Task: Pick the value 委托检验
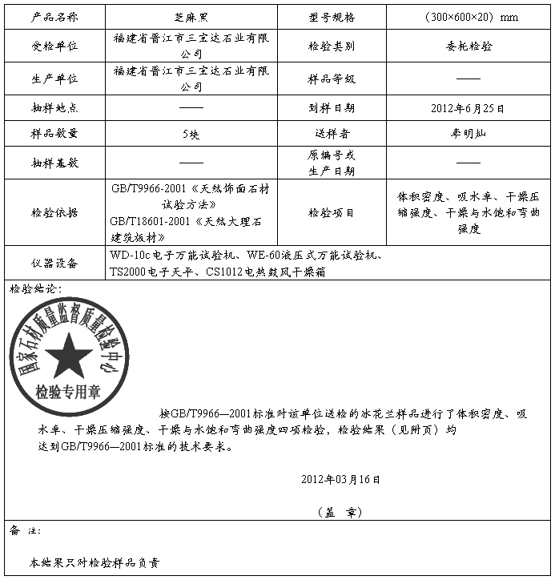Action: [468, 46]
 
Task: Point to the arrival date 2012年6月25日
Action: [468, 107]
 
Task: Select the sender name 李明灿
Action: [468, 134]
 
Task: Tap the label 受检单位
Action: [54, 46]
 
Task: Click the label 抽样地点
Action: [54, 107]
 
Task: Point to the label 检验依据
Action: [54, 212]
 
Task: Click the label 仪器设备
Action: [54, 263]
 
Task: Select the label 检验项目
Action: [332, 212]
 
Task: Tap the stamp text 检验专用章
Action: [68, 393]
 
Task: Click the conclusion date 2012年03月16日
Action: [340, 479]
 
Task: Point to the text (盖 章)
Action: [340, 510]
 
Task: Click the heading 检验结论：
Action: [35, 288]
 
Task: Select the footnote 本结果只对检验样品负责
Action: [95, 563]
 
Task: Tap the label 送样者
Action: [332, 134]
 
